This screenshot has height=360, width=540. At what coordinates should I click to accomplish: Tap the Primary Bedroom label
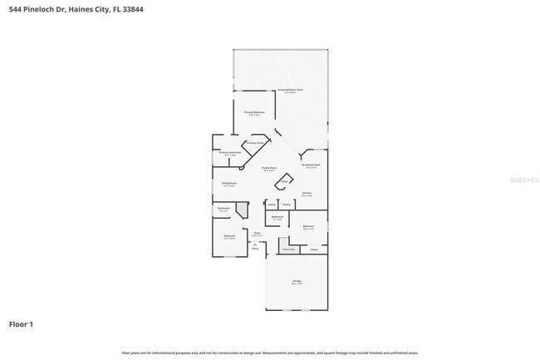click(x=253, y=112)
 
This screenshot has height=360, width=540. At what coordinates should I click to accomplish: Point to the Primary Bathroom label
click(x=230, y=153)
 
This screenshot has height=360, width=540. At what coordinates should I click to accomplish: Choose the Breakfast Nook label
click(x=311, y=165)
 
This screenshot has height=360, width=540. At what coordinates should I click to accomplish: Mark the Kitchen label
click(x=307, y=193)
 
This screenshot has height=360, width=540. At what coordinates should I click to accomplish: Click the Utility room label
click(x=272, y=204)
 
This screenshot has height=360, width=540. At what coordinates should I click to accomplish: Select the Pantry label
click(x=286, y=204)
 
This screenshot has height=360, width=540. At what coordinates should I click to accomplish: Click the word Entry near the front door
click(x=255, y=248)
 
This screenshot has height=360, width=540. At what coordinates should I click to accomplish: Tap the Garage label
click(x=297, y=281)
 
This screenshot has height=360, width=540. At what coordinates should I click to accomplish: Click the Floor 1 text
click(x=22, y=323)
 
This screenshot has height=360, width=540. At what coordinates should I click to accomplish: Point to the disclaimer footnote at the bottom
click(x=270, y=353)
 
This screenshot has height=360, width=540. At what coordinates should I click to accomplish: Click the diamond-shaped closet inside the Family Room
click(x=284, y=180)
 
